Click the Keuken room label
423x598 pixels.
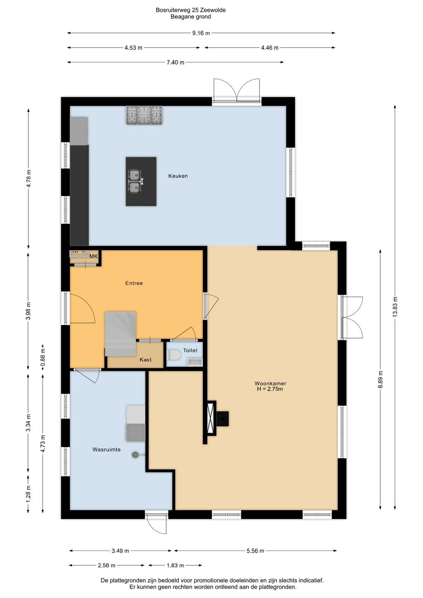[x=178, y=176]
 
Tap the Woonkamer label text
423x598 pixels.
[x=270, y=383]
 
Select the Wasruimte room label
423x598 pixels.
[x=106, y=450]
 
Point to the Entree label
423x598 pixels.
[x=134, y=283]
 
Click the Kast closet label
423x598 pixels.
[x=145, y=360]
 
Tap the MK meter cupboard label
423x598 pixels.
[x=93, y=256]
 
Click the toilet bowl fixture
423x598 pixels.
[x=174, y=355]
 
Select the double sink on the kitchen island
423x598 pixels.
[x=135, y=181]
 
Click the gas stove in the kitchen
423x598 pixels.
[x=144, y=115]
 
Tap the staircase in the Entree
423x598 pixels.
[x=120, y=334]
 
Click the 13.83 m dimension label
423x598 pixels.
[x=395, y=307]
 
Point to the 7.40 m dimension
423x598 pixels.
[x=175, y=62]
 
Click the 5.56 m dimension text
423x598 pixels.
[x=255, y=551]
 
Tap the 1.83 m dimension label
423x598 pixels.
[x=175, y=565]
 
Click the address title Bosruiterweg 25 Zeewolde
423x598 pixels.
[x=191, y=10]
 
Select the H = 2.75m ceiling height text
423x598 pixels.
[x=270, y=389]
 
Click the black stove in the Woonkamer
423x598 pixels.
[x=222, y=419]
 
